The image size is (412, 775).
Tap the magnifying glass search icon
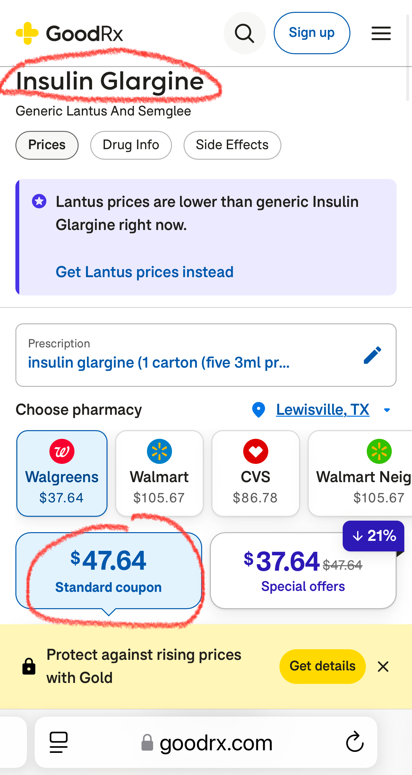click(245, 33)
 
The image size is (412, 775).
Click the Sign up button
click(312, 33)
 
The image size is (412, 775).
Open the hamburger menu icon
click(381, 33)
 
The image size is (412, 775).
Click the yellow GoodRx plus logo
click(27, 33)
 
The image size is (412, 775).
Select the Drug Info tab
click(131, 145)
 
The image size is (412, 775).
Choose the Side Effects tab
click(232, 145)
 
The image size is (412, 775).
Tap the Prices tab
click(47, 145)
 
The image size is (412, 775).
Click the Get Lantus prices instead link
click(144, 272)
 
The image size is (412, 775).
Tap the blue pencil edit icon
click(372, 355)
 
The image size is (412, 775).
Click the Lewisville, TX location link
click(322, 410)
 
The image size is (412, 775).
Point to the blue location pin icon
click(259, 410)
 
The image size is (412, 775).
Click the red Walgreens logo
click(62, 451)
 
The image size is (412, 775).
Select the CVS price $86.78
click(255, 498)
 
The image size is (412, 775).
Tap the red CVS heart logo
click(255, 451)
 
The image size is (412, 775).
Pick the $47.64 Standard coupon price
click(108, 561)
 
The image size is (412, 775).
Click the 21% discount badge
click(373, 536)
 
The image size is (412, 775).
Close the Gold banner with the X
click(383, 667)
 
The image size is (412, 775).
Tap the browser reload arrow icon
click(355, 742)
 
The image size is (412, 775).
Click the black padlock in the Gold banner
click(29, 667)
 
